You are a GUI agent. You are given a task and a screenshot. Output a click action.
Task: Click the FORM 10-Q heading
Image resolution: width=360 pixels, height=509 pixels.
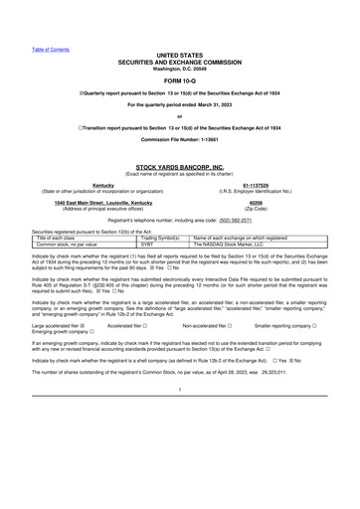(x=179, y=82)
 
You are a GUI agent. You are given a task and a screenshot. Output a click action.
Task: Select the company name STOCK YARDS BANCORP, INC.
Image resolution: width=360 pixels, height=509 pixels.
(x=179, y=168)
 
